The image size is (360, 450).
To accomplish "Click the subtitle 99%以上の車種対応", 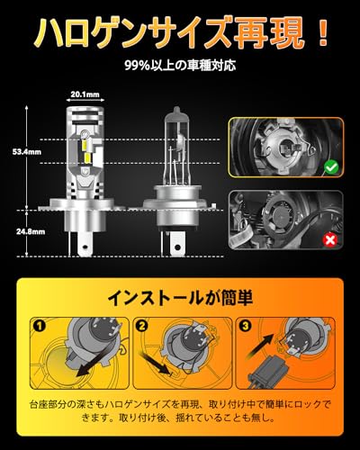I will (179, 67).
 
